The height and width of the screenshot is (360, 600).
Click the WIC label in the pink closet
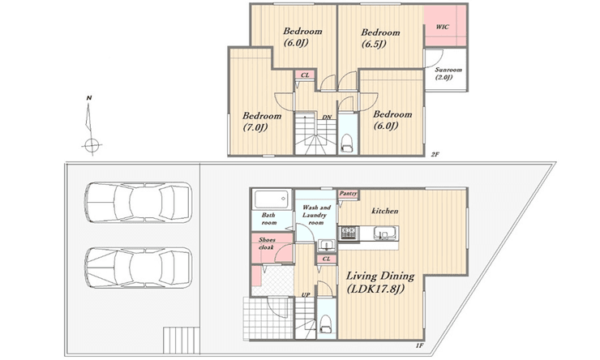[x=443, y=27]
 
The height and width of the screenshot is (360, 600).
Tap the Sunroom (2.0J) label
[x=448, y=73]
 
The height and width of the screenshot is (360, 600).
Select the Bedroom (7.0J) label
[x=262, y=122]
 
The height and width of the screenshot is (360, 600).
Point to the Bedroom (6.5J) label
[x=380, y=38]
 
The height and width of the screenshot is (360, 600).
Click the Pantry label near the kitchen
[x=348, y=194]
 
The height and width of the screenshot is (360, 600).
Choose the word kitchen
[x=385, y=211]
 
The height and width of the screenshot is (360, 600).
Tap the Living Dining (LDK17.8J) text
[x=380, y=281]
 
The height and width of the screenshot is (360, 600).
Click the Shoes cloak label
[x=266, y=243]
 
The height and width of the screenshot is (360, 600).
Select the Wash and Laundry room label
[x=316, y=215]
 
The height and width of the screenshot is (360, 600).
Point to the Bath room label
[x=269, y=218]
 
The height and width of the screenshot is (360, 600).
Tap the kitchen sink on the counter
[x=383, y=233]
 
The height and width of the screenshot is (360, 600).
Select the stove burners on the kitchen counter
[x=348, y=233]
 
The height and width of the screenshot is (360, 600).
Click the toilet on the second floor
[x=347, y=143]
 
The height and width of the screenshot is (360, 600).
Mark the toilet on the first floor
[x=326, y=324]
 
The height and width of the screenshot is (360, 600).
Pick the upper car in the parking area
[x=138, y=202]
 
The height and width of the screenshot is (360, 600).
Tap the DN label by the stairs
[x=327, y=117]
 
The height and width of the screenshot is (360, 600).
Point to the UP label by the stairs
[x=305, y=294]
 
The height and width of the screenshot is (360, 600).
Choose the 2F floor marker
[x=435, y=155]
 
